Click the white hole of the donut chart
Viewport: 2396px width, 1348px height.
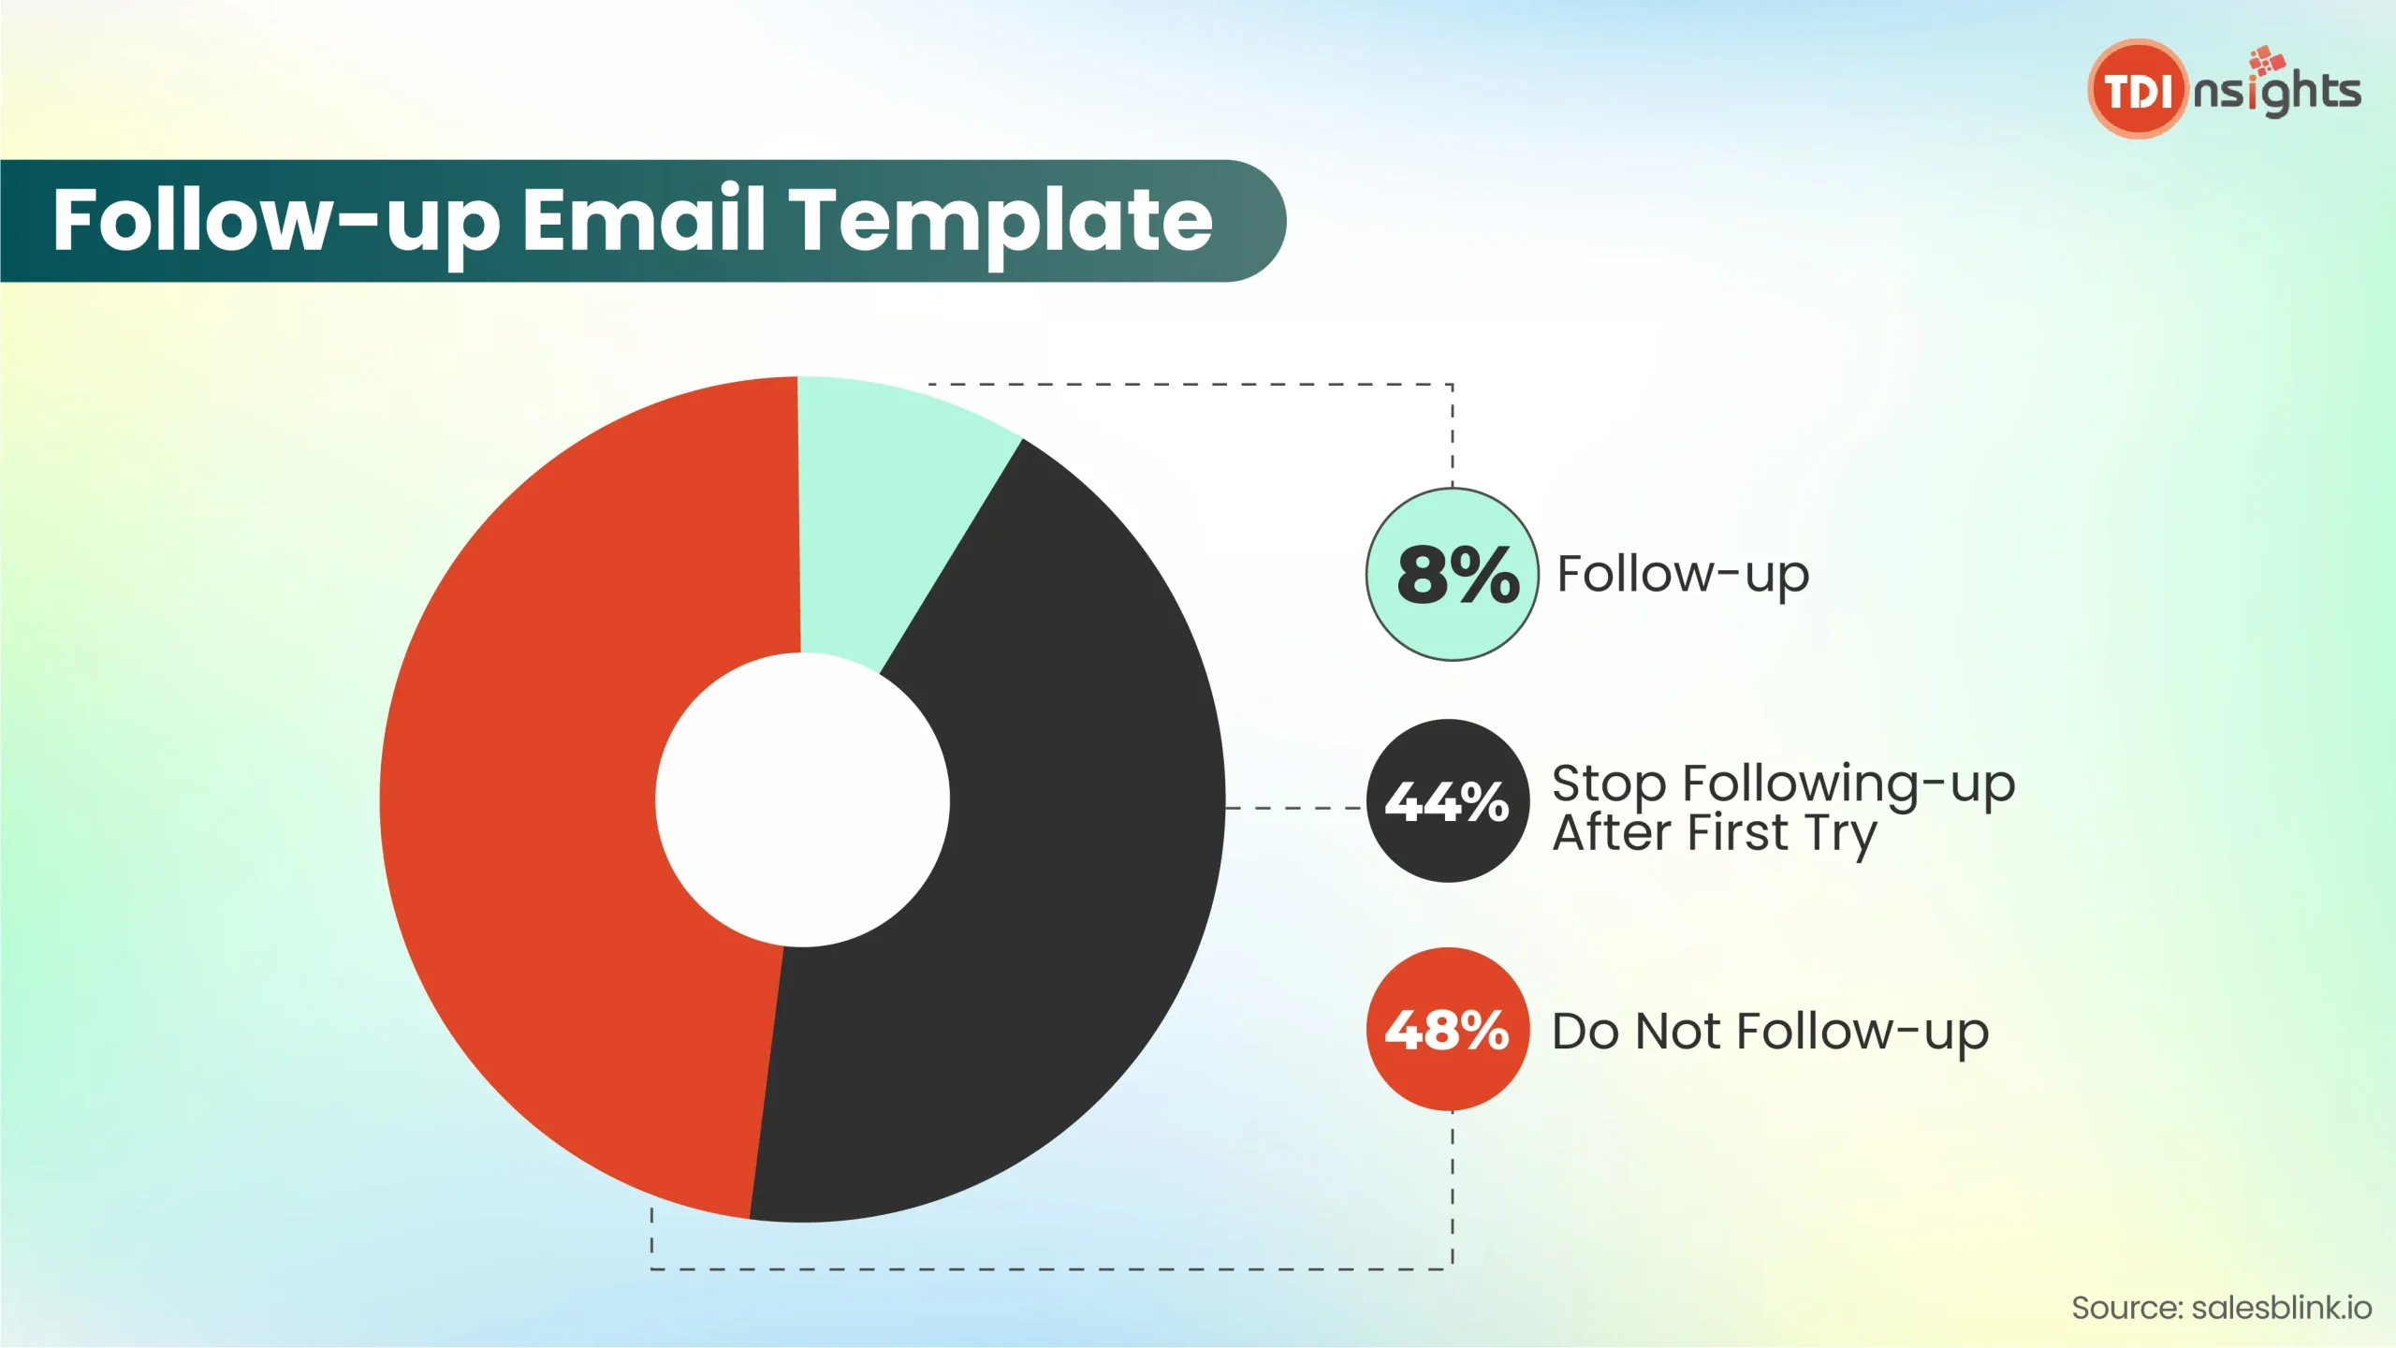[802, 799]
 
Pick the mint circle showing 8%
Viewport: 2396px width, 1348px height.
[1452, 574]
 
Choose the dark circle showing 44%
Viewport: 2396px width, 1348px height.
[1448, 800]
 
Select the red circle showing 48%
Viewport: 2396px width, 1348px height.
[1448, 1030]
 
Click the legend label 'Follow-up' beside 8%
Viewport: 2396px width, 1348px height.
[1683, 575]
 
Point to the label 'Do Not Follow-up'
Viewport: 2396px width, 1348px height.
[1770, 1032]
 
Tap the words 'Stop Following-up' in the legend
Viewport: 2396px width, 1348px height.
[1783, 784]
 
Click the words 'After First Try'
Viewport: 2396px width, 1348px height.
[1715, 833]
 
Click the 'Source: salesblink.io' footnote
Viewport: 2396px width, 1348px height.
[2221, 1308]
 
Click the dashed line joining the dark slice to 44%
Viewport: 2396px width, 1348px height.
[1295, 807]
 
